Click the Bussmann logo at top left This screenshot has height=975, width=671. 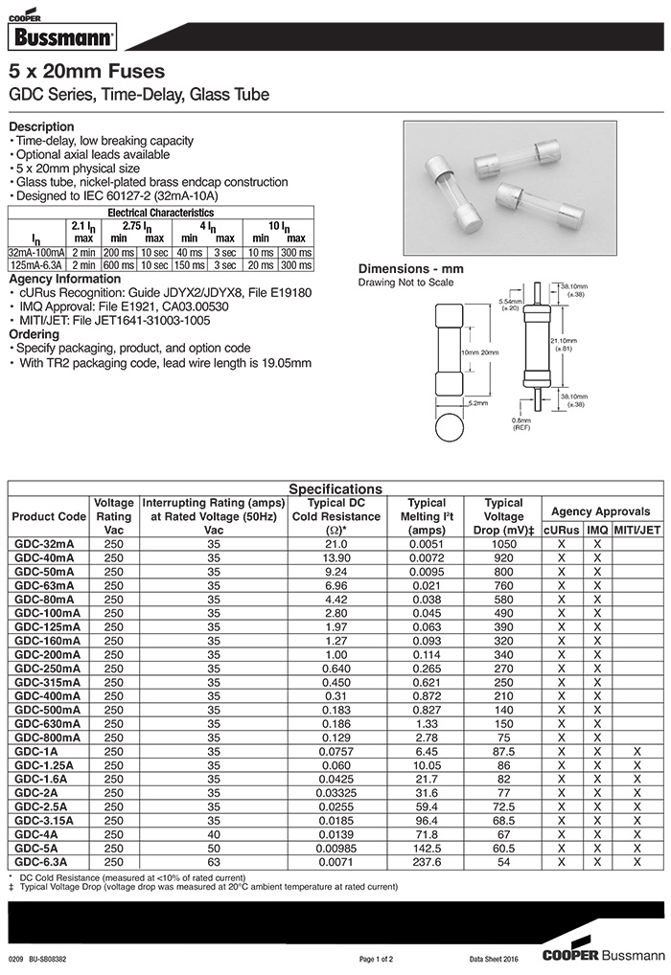coord(61,36)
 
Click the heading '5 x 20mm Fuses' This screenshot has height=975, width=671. coord(86,72)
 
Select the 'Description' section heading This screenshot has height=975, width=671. coord(41,126)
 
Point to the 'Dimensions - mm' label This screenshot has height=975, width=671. coord(410,269)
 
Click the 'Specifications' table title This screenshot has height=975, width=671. coord(335,488)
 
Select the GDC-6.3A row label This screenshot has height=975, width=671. coord(42,862)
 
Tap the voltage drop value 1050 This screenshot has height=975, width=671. coord(503,543)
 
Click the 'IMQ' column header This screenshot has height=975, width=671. coord(597,529)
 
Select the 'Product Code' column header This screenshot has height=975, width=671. coord(48,516)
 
